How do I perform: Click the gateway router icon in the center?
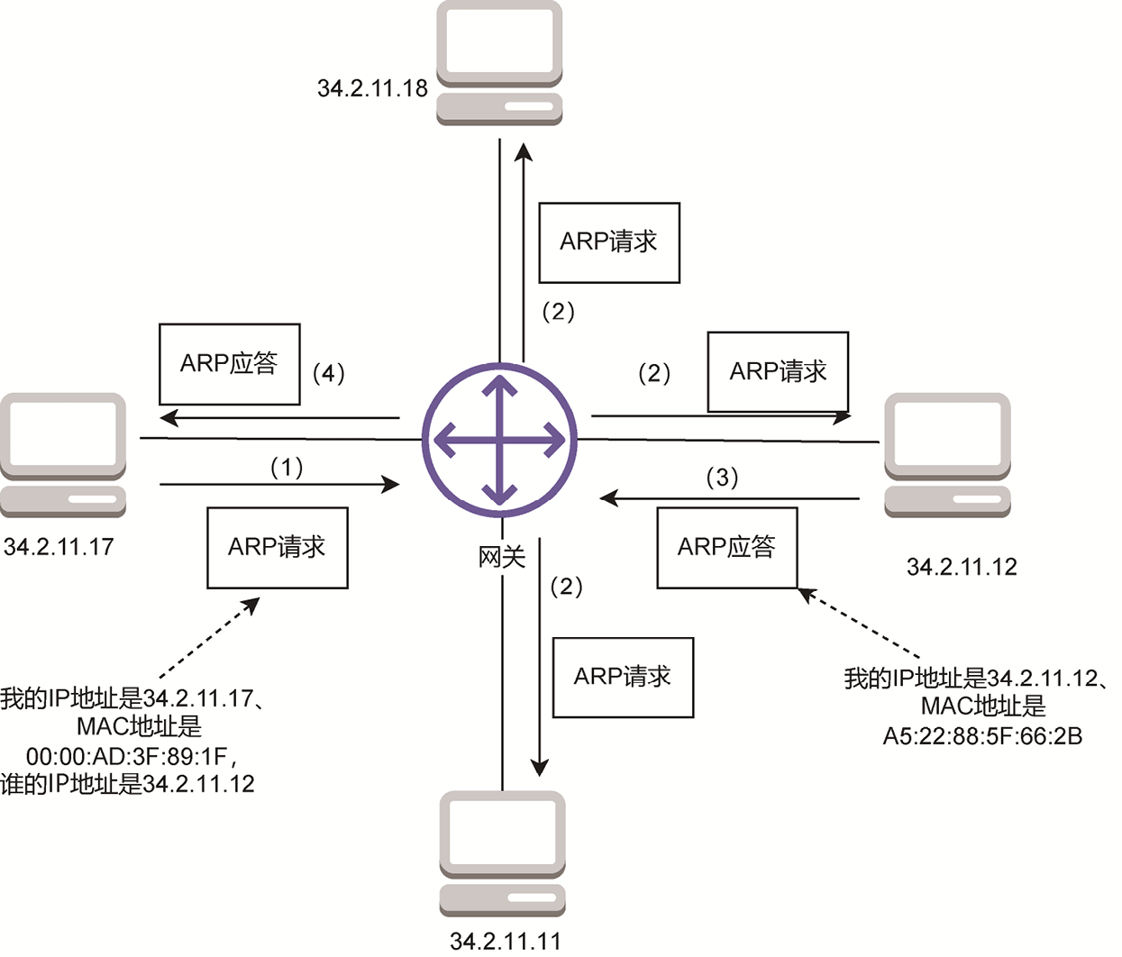pos(499,440)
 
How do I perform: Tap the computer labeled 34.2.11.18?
pos(499,61)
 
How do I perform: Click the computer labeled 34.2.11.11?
pos(502,852)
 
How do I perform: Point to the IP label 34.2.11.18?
pos(372,88)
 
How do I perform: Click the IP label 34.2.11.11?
pos(505,941)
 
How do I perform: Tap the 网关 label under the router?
pos(501,557)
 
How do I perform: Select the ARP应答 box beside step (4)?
pos(229,364)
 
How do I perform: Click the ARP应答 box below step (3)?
pos(727,548)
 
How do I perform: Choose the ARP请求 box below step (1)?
pos(278,548)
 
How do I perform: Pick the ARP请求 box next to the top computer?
pos(609,242)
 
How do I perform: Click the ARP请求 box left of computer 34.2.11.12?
pos(778,371)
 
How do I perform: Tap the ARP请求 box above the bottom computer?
pos(623,678)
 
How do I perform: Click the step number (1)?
pos(287,467)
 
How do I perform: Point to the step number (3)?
pos(722,477)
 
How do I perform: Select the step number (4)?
pos(328,373)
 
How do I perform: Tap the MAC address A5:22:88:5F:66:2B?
pos(982,736)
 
